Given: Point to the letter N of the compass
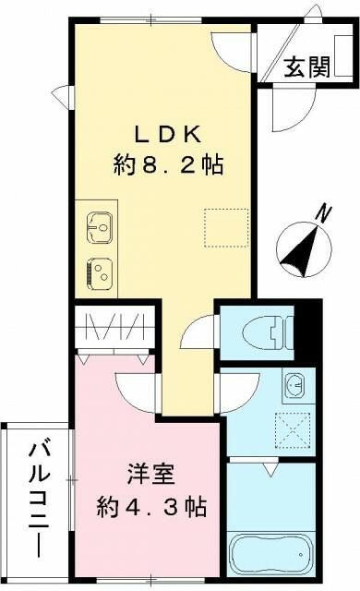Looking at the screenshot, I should tap(322, 213).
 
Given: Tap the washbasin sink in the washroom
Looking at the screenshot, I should tap(294, 382).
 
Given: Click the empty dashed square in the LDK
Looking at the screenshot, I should tap(226, 229).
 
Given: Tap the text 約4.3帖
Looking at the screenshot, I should tap(151, 507).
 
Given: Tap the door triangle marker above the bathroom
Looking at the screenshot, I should tap(270, 470).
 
